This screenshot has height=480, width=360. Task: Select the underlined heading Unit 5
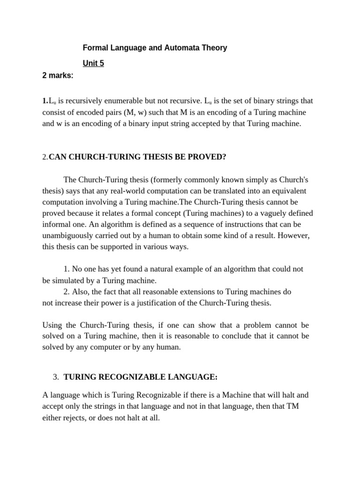(x=93, y=63)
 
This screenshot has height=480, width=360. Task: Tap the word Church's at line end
(x=292, y=180)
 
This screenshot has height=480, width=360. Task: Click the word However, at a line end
(x=293, y=236)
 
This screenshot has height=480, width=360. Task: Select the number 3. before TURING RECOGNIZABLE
(x=56, y=377)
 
